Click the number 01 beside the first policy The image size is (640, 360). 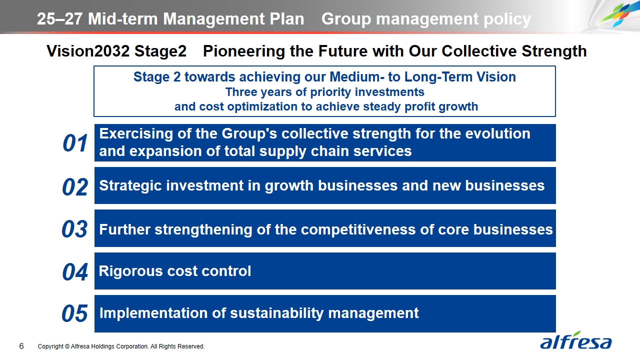click(x=75, y=143)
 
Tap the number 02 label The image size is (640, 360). click(x=75, y=187)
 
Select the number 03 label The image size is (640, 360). click(x=74, y=229)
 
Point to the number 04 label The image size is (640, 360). click(x=75, y=271)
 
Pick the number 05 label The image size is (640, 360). click(x=74, y=313)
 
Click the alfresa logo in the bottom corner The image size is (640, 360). click(x=575, y=340)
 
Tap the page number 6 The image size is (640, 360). click(x=21, y=346)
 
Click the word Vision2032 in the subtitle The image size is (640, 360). click(x=88, y=51)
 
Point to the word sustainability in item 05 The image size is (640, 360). click(x=277, y=313)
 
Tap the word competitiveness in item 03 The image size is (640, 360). click(x=358, y=229)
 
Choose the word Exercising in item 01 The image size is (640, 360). click(x=136, y=133)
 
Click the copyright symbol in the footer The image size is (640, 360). click(x=67, y=346)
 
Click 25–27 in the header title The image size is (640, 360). click(x=60, y=19)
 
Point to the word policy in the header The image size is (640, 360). click(x=507, y=19)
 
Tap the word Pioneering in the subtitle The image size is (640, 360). click(x=243, y=51)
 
